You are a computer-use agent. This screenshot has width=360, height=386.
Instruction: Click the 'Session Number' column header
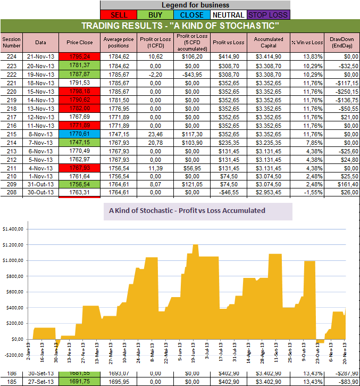[x=11, y=42]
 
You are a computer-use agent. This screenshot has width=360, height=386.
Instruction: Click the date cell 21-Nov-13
[x=40, y=56]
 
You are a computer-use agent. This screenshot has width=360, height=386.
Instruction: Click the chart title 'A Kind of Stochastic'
[x=187, y=210]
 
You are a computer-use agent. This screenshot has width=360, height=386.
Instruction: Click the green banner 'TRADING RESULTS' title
[x=180, y=26]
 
